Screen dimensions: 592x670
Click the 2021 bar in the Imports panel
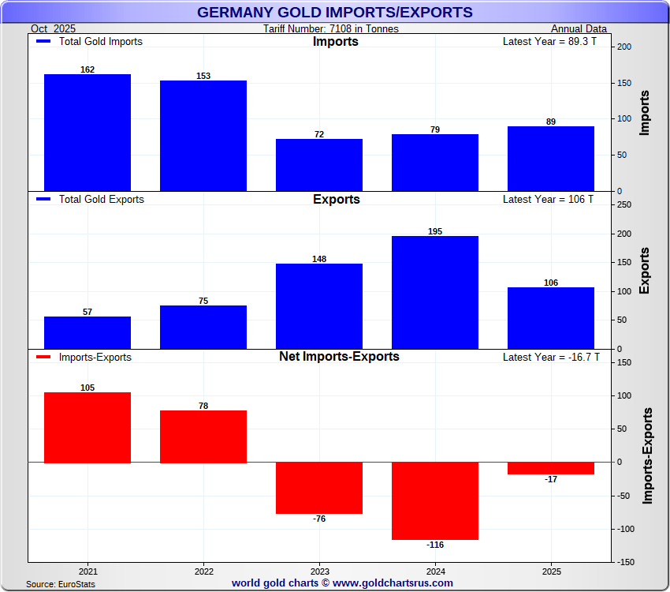pyautogui.click(x=87, y=133)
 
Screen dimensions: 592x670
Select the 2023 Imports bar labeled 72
pyautogui.click(x=319, y=165)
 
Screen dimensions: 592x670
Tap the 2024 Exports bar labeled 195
pyautogui.click(x=435, y=292)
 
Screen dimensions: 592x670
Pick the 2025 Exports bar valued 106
pyautogui.click(x=551, y=318)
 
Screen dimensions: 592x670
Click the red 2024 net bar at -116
pyautogui.click(x=435, y=500)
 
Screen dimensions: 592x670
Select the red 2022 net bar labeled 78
pyautogui.click(x=203, y=437)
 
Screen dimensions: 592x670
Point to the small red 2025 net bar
pyautogui.click(x=551, y=468)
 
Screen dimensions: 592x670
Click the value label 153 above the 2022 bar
pyautogui.click(x=203, y=76)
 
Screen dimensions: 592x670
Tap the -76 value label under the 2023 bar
pyautogui.click(x=319, y=519)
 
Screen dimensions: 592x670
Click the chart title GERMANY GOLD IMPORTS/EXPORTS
pyautogui.click(x=335, y=13)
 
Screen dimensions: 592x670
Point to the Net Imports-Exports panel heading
pyautogui.click(x=339, y=356)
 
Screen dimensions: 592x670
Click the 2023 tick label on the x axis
pyautogui.click(x=319, y=570)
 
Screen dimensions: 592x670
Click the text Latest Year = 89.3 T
pyautogui.click(x=549, y=41)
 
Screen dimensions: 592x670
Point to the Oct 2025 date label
pyautogui.click(x=53, y=29)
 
